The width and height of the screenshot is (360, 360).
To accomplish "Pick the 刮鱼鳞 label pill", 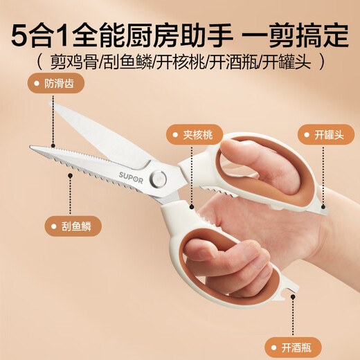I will coord(71,225).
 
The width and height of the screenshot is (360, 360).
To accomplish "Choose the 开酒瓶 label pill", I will coord(287,346).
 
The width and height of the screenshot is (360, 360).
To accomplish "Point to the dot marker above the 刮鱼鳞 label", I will coord(70,174).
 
